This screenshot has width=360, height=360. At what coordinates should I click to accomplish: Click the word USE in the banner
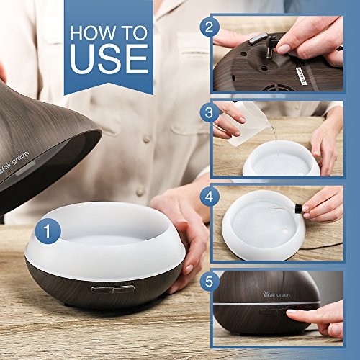click(x=109, y=58)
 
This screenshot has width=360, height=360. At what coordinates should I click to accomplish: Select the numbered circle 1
click(x=48, y=231)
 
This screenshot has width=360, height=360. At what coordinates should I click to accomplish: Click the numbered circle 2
click(x=210, y=27)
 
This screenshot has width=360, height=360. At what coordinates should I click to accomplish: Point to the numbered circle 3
click(x=210, y=112)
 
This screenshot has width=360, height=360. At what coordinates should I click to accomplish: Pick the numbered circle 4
click(x=210, y=197)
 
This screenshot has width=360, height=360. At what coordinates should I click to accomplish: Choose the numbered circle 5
click(x=210, y=281)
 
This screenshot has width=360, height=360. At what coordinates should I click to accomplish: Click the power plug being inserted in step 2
click(x=272, y=45)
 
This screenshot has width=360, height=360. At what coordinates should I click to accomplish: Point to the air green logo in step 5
click(x=276, y=294)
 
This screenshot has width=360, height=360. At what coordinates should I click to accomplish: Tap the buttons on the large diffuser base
click(x=112, y=289)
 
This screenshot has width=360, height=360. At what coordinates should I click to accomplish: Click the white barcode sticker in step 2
click(x=301, y=76)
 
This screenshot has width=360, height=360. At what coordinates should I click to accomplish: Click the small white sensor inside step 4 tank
click(x=285, y=231)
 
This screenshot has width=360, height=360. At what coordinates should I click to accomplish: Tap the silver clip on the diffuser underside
click(x=258, y=39)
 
